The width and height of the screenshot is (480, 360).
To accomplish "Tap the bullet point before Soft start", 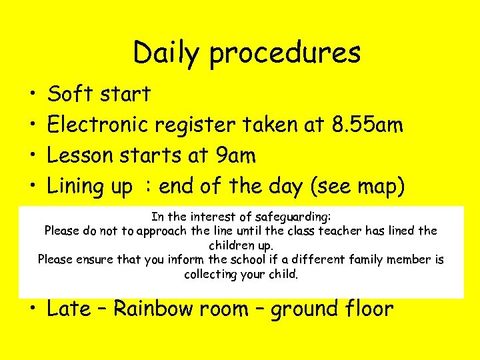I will [31, 95].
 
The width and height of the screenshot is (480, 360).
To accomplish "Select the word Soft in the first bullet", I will [71, 94].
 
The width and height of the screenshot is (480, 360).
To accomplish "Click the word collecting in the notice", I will [210, 274].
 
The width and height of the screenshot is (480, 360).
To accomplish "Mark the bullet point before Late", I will [31, 310].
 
